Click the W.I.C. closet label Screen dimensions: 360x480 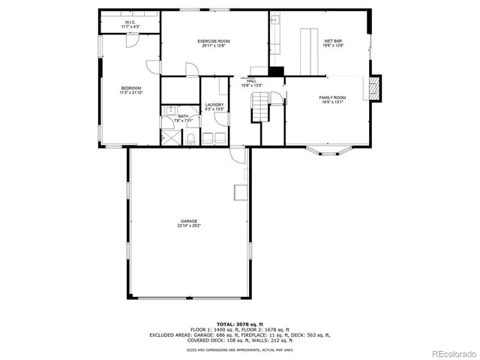(x=131, y=22)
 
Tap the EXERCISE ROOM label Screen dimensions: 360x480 (x=213, y=40)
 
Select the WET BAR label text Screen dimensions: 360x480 (x=333, y=40)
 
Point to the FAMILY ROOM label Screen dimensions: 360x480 (x=332, y=98)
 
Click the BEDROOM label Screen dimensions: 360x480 (x=130, y=88)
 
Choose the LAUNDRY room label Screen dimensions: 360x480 (x=214, y=106)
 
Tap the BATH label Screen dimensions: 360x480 (x=183, y=116)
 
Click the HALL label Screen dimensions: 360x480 (x=251, y=81)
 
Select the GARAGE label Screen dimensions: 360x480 (x=188, y=221)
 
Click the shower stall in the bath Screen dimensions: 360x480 (x=172, y=138)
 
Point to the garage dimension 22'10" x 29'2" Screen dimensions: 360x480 (x=188, y=226)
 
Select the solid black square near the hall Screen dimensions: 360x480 (x=277, y=71)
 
